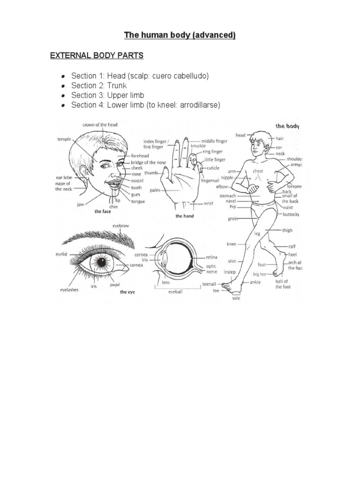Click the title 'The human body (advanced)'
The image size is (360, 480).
click(180, 35)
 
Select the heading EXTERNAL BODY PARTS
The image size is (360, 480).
click(97, 56)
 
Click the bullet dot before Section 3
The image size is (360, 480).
click(63, 96)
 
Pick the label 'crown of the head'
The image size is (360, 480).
click(100, 125)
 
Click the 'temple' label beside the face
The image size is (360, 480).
click(64, 139)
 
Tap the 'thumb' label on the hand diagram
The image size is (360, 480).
click(150, 173)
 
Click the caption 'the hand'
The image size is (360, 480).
click(185, 216)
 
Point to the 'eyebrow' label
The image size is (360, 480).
click(120, 226)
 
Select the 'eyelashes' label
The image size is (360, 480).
click(69, 290)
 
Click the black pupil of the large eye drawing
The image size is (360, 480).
click(101, 262)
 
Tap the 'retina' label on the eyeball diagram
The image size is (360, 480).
click(212, 257)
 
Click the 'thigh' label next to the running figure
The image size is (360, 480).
click(287, 230)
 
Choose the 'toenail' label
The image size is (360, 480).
click(210, 284)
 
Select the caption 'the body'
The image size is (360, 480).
click(287, 126)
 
